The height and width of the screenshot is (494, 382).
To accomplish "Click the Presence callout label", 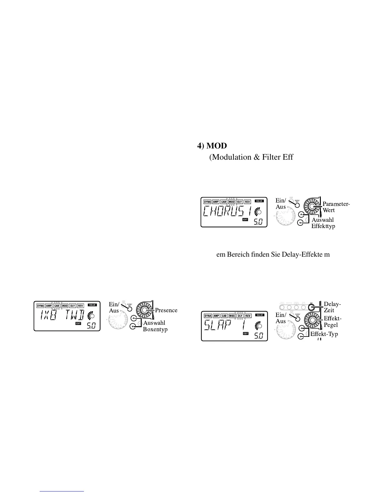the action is point(166,310).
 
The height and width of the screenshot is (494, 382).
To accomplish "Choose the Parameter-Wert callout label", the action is point(336,207).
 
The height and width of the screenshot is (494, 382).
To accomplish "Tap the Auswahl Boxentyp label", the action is point(155,326).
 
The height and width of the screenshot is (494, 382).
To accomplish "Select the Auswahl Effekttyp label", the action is point(323,223).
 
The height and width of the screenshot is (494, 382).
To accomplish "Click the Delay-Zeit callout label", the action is point(332,307).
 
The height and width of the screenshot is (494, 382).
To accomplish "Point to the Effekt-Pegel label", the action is point(332,322).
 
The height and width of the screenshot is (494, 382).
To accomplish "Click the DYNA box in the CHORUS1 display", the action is point(207,202).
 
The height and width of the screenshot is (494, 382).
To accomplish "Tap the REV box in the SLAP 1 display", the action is point(247,316).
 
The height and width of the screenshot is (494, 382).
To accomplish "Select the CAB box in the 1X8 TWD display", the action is point(57,306).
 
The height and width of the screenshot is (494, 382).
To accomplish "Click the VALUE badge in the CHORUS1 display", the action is point(259,201).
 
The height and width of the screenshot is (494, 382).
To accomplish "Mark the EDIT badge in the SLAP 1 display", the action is point(246,334).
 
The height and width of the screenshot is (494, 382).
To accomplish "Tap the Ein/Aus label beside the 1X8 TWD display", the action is point(114,307).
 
